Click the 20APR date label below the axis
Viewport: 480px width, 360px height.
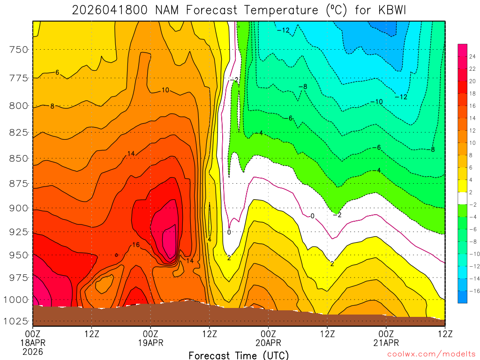click(268, 343)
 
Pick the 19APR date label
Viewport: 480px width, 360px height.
click(150, 343)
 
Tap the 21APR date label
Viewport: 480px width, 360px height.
click(386, 343)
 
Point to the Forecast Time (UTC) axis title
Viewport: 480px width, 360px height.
click(239, 355)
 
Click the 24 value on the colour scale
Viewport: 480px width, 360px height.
click(472, 56)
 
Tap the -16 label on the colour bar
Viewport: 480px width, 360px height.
click(473, 291)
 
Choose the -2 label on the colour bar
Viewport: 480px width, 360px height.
click(473, 204)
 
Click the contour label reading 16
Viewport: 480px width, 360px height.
click(136, 245)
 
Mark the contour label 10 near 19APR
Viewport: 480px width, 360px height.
click(165, 90)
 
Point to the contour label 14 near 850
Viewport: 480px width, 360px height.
click(131, 154)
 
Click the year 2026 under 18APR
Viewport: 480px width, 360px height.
click(32, 351)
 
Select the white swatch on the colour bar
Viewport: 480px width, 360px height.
click(463, 198)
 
